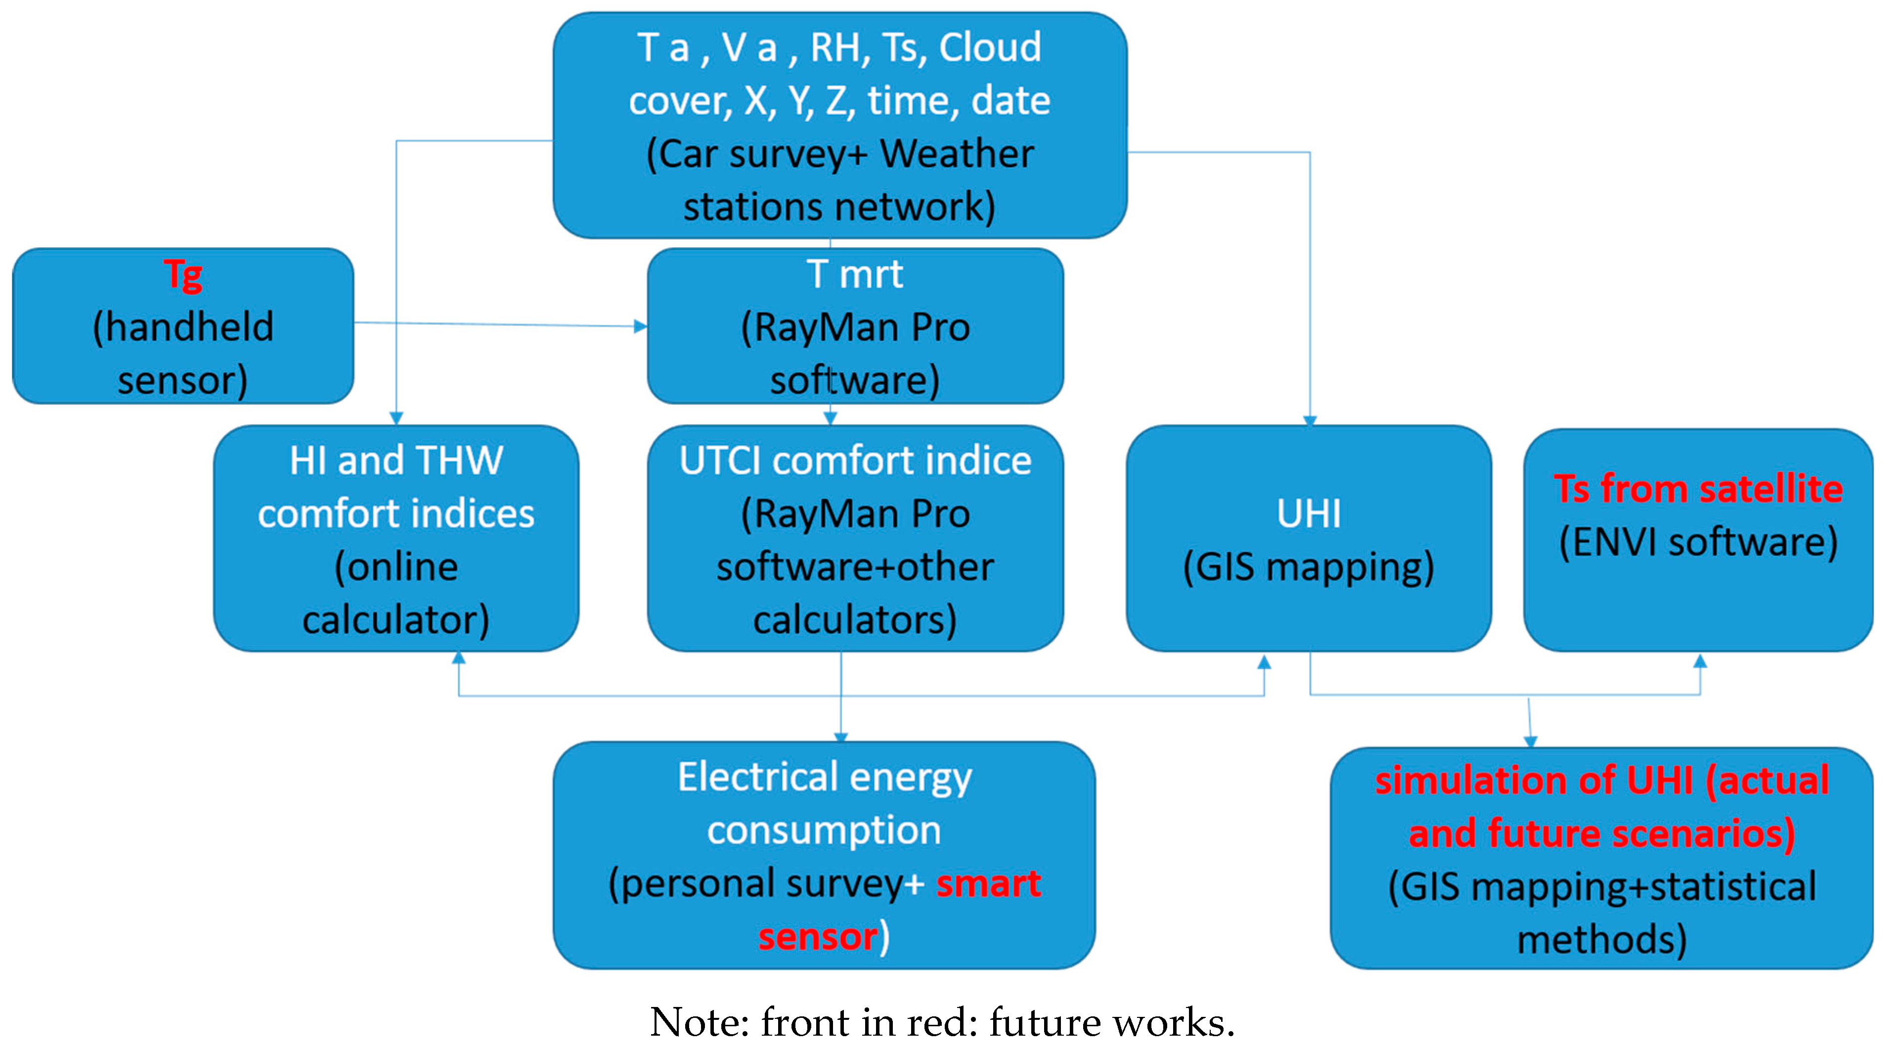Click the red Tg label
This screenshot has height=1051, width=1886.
pos(183,275)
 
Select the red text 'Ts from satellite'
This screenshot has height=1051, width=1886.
pos(1698,489)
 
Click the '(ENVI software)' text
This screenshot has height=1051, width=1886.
pos(1698,543)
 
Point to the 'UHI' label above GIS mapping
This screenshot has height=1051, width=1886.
pos(1309,513)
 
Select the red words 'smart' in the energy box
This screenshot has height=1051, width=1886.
pos(988,883)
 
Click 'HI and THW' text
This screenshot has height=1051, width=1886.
pos(396,460)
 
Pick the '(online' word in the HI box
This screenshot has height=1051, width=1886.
pos(396,567)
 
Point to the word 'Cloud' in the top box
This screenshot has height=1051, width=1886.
pos(990,47)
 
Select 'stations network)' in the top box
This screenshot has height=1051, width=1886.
pos(839,207)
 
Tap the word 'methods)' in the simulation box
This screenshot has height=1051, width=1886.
pos(1601,940)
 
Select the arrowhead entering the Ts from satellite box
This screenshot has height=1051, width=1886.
pos(1700,661)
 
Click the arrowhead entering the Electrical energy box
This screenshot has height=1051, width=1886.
pos(840,737)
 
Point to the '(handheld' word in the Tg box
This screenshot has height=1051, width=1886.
pos(183,327)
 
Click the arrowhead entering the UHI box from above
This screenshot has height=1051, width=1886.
pos(1310,420)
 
